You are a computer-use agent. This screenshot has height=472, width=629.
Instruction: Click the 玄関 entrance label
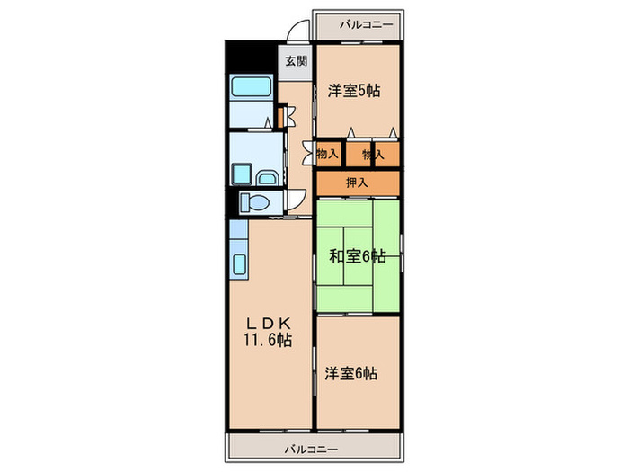(x=296, y=61)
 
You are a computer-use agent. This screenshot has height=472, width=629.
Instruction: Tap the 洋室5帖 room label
(x=354, y=91)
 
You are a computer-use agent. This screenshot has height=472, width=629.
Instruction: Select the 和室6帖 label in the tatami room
(x=358, y=255)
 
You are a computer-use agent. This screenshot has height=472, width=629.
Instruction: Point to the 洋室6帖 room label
(x=350, y=374)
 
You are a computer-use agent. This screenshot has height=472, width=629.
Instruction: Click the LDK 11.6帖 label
(x=268, y=332)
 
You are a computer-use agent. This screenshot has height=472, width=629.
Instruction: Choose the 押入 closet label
(x=357, y=183)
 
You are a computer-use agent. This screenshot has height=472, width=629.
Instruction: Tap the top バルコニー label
(x=367, y=25)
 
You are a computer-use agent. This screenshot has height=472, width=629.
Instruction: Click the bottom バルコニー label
(x=311, y=450)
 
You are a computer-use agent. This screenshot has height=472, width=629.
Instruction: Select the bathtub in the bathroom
(x=252, y=86)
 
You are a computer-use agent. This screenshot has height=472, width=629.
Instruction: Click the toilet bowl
(x=254, y=202)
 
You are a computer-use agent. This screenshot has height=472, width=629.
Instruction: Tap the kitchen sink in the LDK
(x=240, y=264)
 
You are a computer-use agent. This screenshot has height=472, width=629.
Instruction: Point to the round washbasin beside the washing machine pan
(x=267, y=177)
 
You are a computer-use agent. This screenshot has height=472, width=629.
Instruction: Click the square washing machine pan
(x=241, y=174)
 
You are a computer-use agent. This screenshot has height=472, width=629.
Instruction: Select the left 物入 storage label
(x=327, y=154)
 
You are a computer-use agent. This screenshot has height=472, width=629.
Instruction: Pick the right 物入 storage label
(x=373, y=154)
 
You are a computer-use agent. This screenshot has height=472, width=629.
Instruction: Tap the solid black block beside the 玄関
(x=252, y=57)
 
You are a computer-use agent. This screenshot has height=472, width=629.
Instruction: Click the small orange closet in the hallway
(x=280, y=116)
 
